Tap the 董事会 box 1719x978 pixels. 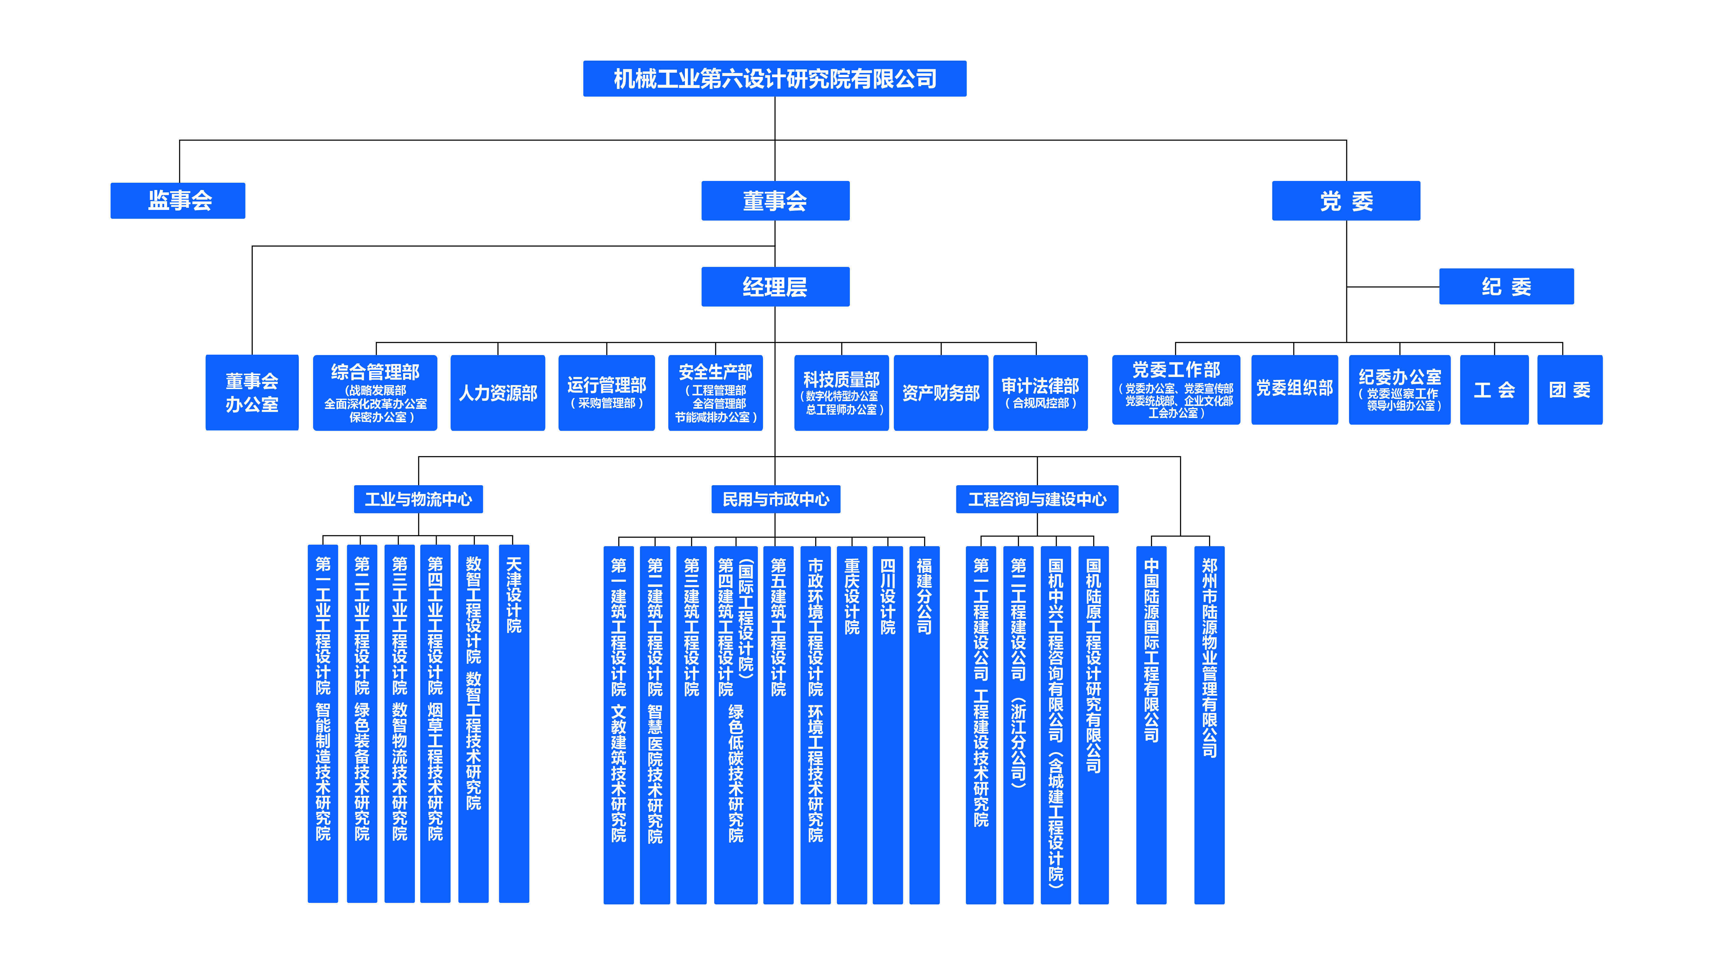774,200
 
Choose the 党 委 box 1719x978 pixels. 1346,200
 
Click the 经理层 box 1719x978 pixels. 774,287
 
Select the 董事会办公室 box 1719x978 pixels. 252,392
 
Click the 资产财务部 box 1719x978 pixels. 940,392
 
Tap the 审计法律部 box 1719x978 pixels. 1040,392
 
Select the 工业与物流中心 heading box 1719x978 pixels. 418,499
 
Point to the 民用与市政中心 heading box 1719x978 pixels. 775,499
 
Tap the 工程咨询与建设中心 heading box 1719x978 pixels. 1037,499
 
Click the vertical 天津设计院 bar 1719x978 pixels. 514,723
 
